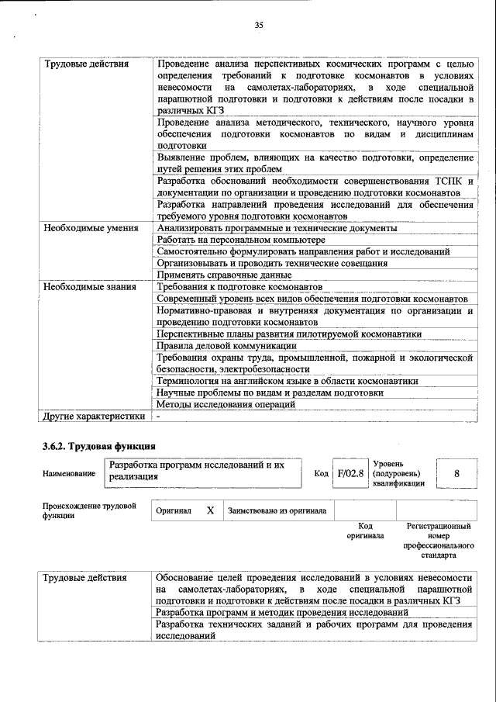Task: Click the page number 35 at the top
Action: (259, 26)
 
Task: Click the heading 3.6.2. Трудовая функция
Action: (98, 446)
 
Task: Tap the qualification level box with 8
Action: (456, 472)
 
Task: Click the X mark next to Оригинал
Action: (209, 511)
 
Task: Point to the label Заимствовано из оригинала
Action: (277, 511)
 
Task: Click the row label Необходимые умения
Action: (91, 228)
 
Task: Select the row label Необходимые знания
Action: (89, 286)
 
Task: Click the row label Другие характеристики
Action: (94, 416)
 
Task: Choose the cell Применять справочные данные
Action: (224, 275)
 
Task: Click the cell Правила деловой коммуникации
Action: (226, 345)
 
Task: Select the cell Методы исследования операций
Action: (226, 404)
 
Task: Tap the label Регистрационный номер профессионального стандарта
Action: (438, 540)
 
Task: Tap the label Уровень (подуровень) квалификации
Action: (398, 473)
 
